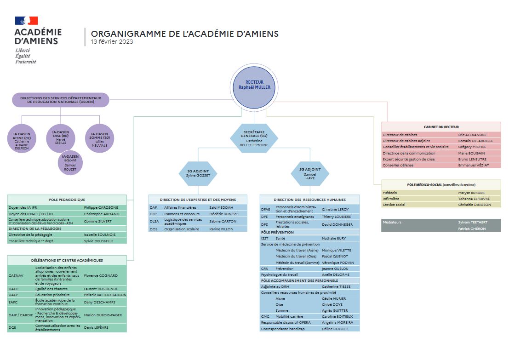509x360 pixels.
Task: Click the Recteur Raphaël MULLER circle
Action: click(254, 87)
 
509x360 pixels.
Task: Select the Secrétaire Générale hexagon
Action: click(254, 138)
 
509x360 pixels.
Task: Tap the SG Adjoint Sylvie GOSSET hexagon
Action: click(198, 174)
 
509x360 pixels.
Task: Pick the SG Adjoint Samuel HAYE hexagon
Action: click(310, 174)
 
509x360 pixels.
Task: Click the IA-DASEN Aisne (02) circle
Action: click(22, 138)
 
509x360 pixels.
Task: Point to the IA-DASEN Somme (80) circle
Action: click(100, 138)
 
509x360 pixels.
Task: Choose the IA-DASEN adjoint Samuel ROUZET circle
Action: click(70, 163)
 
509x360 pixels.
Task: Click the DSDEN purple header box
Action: click(61, 100)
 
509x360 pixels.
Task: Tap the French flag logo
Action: click(26, 21)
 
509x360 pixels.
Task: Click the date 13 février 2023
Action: click(112, 41)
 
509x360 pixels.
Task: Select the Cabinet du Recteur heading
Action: click(441, 127)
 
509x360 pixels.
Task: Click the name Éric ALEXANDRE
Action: click(472, 135)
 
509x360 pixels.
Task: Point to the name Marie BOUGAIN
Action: click(472, 153)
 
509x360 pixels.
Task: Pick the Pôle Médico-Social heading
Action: click(441, 185)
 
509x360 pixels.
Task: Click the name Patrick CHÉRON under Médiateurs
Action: click(472, 229)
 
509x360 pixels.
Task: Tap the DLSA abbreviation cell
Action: click(154, 222)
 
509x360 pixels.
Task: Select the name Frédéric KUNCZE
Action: click(223, 214)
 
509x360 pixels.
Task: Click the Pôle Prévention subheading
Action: click(277, 233)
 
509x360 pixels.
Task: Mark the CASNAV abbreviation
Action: click(16, 275)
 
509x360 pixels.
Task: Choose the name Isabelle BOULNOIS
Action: click(100, 234)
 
